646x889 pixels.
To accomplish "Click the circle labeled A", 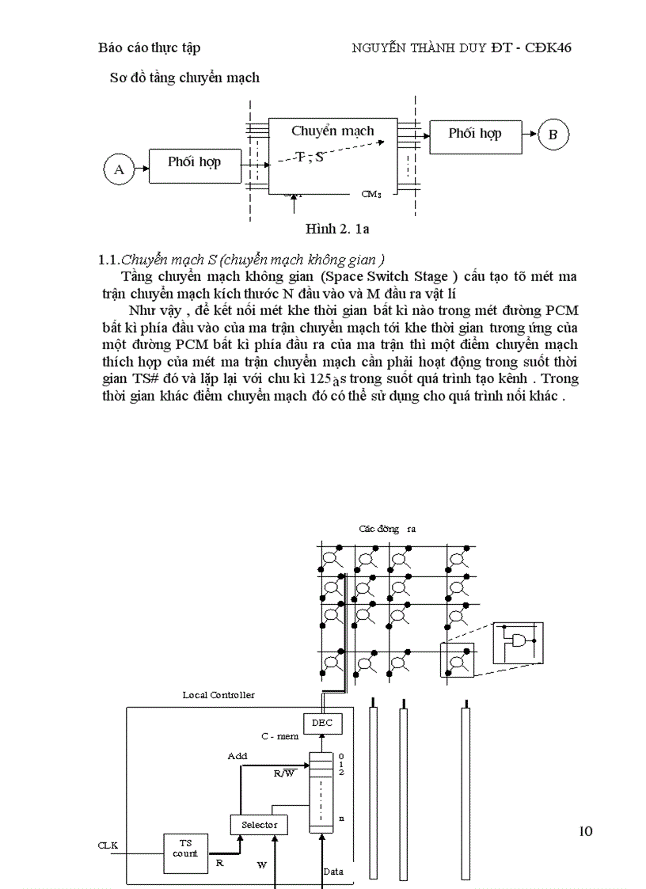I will [x=120, y=169].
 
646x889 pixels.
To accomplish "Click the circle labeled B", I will [x=553, y=135].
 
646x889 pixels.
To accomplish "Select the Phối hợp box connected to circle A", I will [x=194, y=163].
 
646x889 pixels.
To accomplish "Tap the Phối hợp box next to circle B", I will [x=475, y=135].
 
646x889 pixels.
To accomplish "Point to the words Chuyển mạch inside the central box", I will [x=332, y=131].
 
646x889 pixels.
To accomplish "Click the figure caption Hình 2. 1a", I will [x=338, y=230].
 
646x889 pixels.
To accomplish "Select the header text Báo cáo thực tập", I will [x=150, y=48].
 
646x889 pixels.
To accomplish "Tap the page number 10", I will [x=585, y=830].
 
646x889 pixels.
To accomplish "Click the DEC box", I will [x=321, y=723].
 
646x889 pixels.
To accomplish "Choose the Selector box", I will [x=259, y=825].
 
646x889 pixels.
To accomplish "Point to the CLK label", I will [x=108, y=845].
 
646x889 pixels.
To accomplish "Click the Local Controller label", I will [x=218, y=694].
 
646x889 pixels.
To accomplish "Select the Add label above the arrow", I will [x=237, y=756].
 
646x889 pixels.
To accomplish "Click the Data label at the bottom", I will [x=333, y=872].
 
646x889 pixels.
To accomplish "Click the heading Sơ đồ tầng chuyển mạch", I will [x=184, y=78].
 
